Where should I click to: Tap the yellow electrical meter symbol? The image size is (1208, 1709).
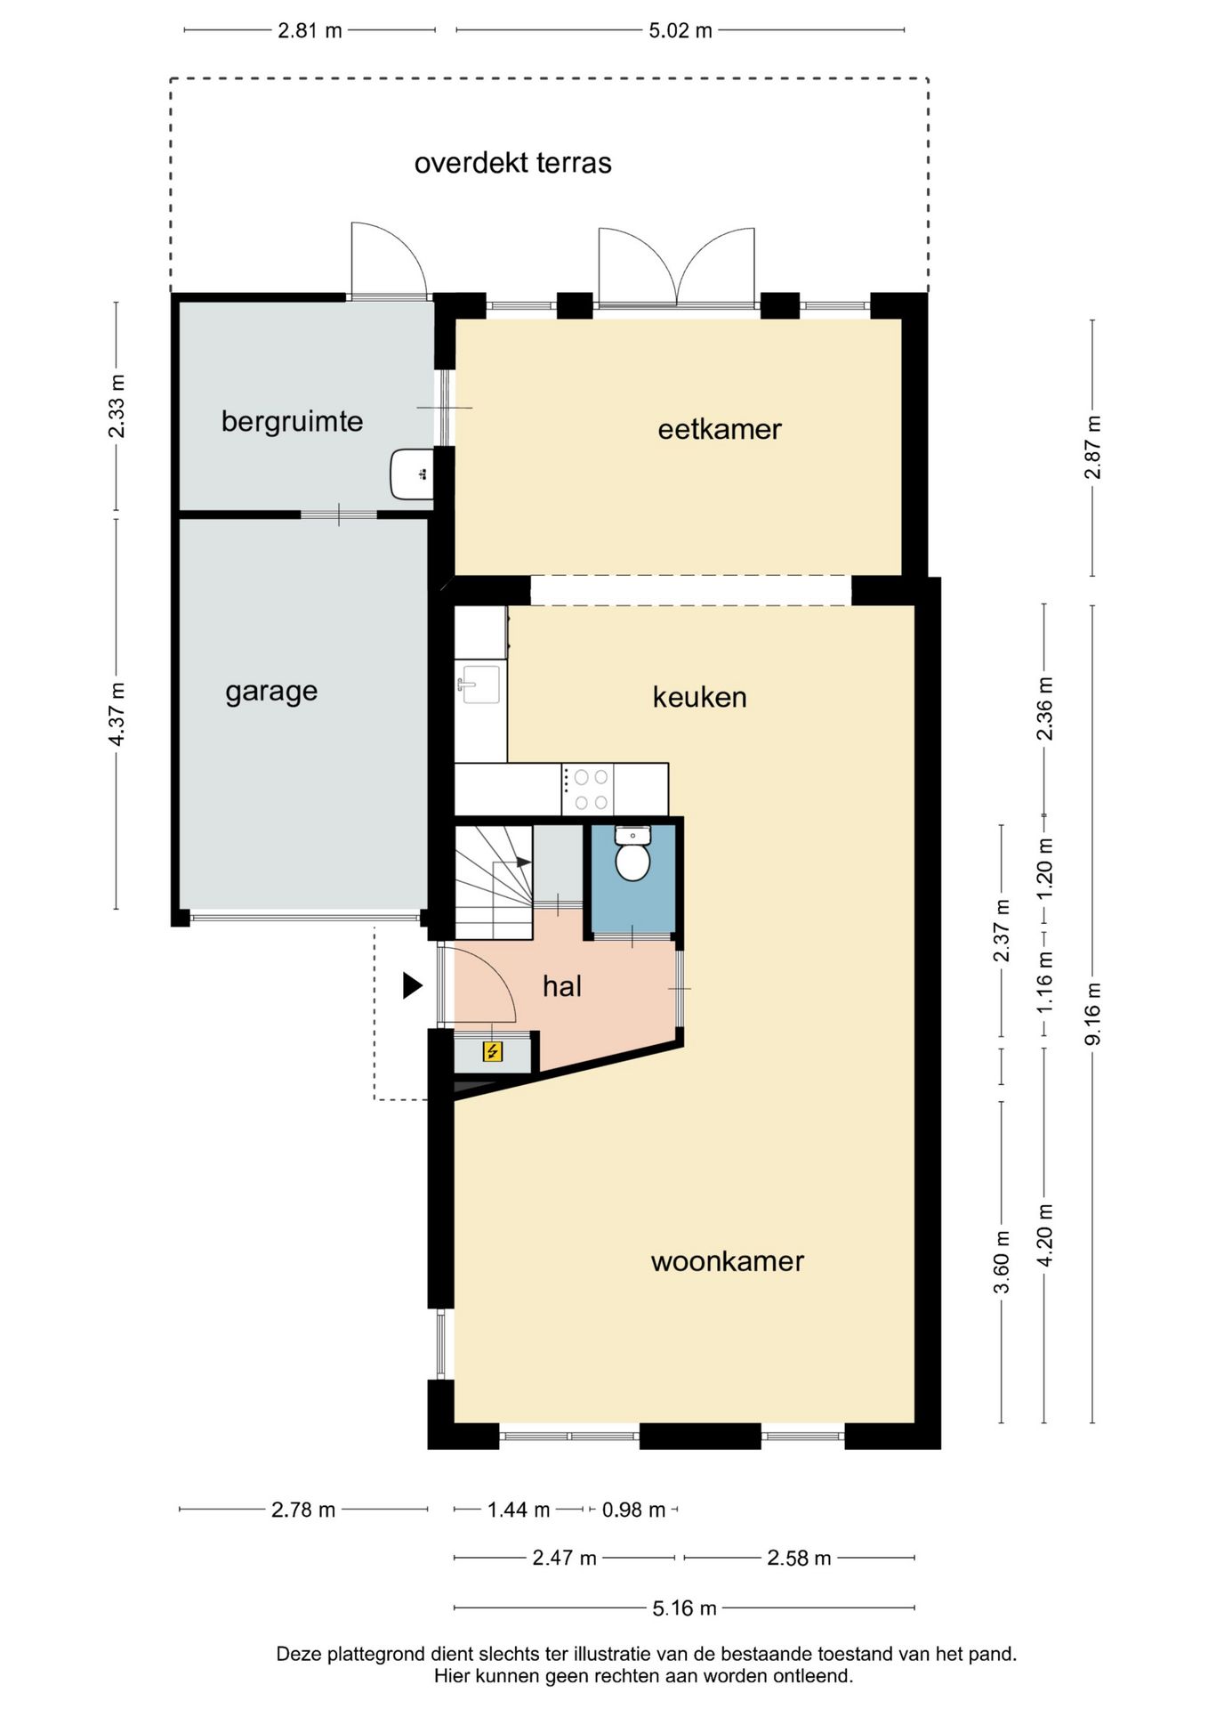pyautogui.click(x=492, y=1052)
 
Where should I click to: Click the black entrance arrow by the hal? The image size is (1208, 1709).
pyautogui.click(x=412, y=985)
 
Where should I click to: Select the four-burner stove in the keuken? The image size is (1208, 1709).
pyautogui.click(x=588, y=789)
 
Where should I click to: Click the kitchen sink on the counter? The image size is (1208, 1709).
pyautogui.click(x=479, y=684)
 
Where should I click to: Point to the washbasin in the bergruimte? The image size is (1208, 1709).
pyautogui.click(x=412, y=474)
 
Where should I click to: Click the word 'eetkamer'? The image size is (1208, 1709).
pyautogui.click(x=720, y=430)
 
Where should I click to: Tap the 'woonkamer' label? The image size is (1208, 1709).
pyautogui.click(x=728, y=1261)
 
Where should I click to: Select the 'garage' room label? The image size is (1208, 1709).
pyautogui.click(x=271, y=693)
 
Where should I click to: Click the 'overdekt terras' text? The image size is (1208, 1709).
pyautogui.click(x=513, y=163)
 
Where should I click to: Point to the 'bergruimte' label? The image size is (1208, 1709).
pyautogui.click(x=293, y=421)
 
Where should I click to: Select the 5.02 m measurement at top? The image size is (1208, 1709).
pyautogui.click(x=681, y=30)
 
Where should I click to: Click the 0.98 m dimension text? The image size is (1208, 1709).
pyautogui.click(x=633, y=1510)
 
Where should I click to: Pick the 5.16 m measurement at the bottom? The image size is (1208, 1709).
pyautogui.click(x=684, y=1608)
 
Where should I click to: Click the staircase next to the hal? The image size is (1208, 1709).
pyautogui.click(x=494, y=882)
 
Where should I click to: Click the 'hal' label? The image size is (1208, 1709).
pyautogui.click(x=562, y=986)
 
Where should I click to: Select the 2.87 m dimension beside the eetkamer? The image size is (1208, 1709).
pyautogui.click(x=1093, y=448)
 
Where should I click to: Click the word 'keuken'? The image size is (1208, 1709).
pyautogui.click(x=700, y=697)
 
